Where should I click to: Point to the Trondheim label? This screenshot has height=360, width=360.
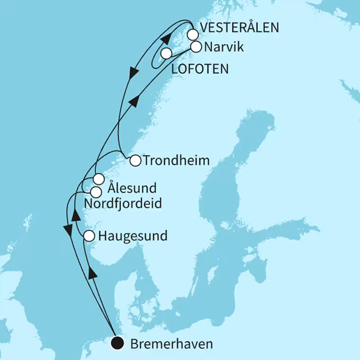[175, 160]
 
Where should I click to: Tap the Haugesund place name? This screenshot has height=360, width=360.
[134, 236]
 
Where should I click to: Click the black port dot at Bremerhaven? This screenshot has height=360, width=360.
[117, 343]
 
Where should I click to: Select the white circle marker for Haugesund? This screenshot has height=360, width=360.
[89, 236]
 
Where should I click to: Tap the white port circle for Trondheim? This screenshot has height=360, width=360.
[135, 160]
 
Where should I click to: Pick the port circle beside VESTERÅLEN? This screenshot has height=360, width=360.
[193, 34]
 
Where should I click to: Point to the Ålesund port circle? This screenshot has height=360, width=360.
[99, 178]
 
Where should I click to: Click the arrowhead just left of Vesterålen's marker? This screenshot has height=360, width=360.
[171, 33]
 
